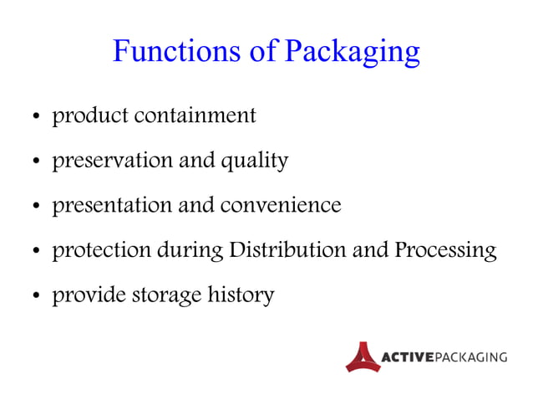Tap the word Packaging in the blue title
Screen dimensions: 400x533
(352, 53)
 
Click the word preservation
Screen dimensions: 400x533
(112, 160)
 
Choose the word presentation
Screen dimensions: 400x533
(114, 205)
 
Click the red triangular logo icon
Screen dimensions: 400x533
(363, 356)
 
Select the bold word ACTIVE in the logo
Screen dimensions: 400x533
(407, 357)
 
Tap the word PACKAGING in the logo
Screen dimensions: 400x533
(470, 357)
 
